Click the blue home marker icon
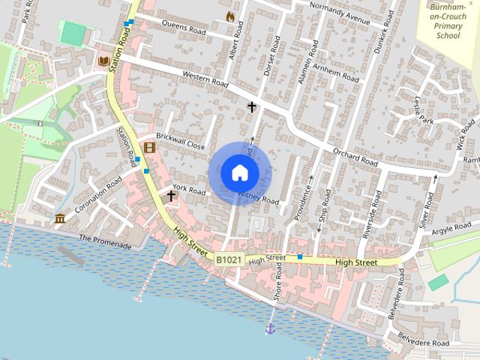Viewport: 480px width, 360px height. click(x=239, y=172)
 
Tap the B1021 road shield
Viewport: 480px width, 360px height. click(x=229, y=259)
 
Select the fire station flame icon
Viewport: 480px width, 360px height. click(x=230, y=16)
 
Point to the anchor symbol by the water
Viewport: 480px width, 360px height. click(x=270, y=328)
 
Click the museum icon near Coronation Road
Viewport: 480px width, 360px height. click(x=59, y=218)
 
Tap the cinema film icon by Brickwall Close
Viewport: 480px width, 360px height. click(x=149, y=146)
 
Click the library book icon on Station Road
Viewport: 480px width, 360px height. click(x=103, y=61)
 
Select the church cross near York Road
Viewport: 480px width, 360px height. click(x=171, y=196)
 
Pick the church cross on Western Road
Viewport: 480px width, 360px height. click(x=252, y=107)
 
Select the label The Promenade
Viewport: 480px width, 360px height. click(x=105, y=242)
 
